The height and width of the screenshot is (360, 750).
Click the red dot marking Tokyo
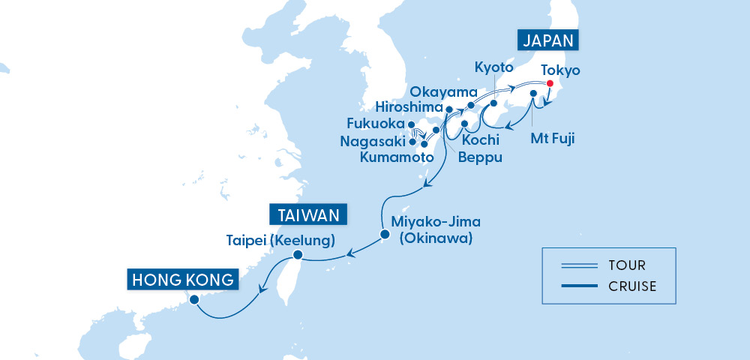click(550, 83)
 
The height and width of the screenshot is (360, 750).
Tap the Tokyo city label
click(561, 70)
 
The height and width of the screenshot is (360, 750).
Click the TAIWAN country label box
click(309, 215)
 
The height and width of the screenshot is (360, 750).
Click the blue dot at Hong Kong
click(194, 298)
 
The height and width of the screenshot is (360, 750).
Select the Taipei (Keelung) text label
click(280, 241)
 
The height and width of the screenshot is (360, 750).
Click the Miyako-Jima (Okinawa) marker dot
click(385, 235)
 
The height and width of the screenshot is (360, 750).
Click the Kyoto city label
click(494, 68)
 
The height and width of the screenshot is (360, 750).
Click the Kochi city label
click(485, 140)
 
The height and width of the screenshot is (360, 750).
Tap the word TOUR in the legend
click(628, 265)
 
